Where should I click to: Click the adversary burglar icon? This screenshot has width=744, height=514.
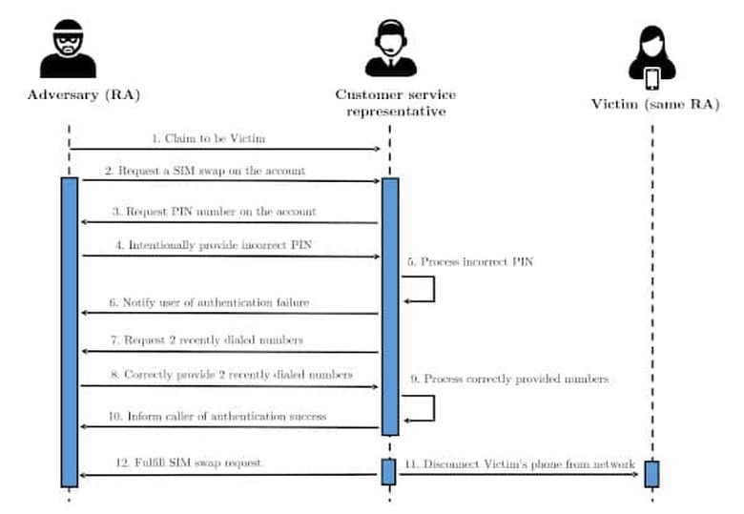(x=68, y=49)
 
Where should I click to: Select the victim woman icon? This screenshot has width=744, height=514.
(x=652, y=57)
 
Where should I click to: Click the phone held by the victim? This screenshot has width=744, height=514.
(x=652, y=79)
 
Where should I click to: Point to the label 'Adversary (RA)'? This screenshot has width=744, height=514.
(x=84, y=95)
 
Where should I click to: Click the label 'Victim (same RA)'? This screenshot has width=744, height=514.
(x=655, y=104)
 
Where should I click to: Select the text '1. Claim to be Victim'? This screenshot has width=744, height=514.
(x=208, y=138)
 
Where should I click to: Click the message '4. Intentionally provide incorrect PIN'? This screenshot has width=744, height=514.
(x=214, y=245)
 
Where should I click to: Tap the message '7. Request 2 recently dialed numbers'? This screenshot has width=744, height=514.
(x=207, y=340)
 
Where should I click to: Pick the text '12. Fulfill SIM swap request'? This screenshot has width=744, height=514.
(x=188, y=463)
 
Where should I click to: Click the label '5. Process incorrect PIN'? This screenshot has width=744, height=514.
(x=470, y=261)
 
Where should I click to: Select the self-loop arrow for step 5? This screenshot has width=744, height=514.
(x=434, y=289)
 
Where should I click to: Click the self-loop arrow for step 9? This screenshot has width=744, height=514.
(x=434, y=408)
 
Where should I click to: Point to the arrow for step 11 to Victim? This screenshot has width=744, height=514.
(x=519, y=474)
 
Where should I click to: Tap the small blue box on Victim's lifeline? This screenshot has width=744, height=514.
(x=651, y=474)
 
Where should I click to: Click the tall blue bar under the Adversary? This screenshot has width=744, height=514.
(x=70, y=332)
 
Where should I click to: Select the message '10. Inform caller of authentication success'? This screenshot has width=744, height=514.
(x=217, y=417)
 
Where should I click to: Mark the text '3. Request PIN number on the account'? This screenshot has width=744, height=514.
(x=214, y=212)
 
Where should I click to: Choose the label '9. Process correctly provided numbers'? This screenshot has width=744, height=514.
(x=509, y=379)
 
